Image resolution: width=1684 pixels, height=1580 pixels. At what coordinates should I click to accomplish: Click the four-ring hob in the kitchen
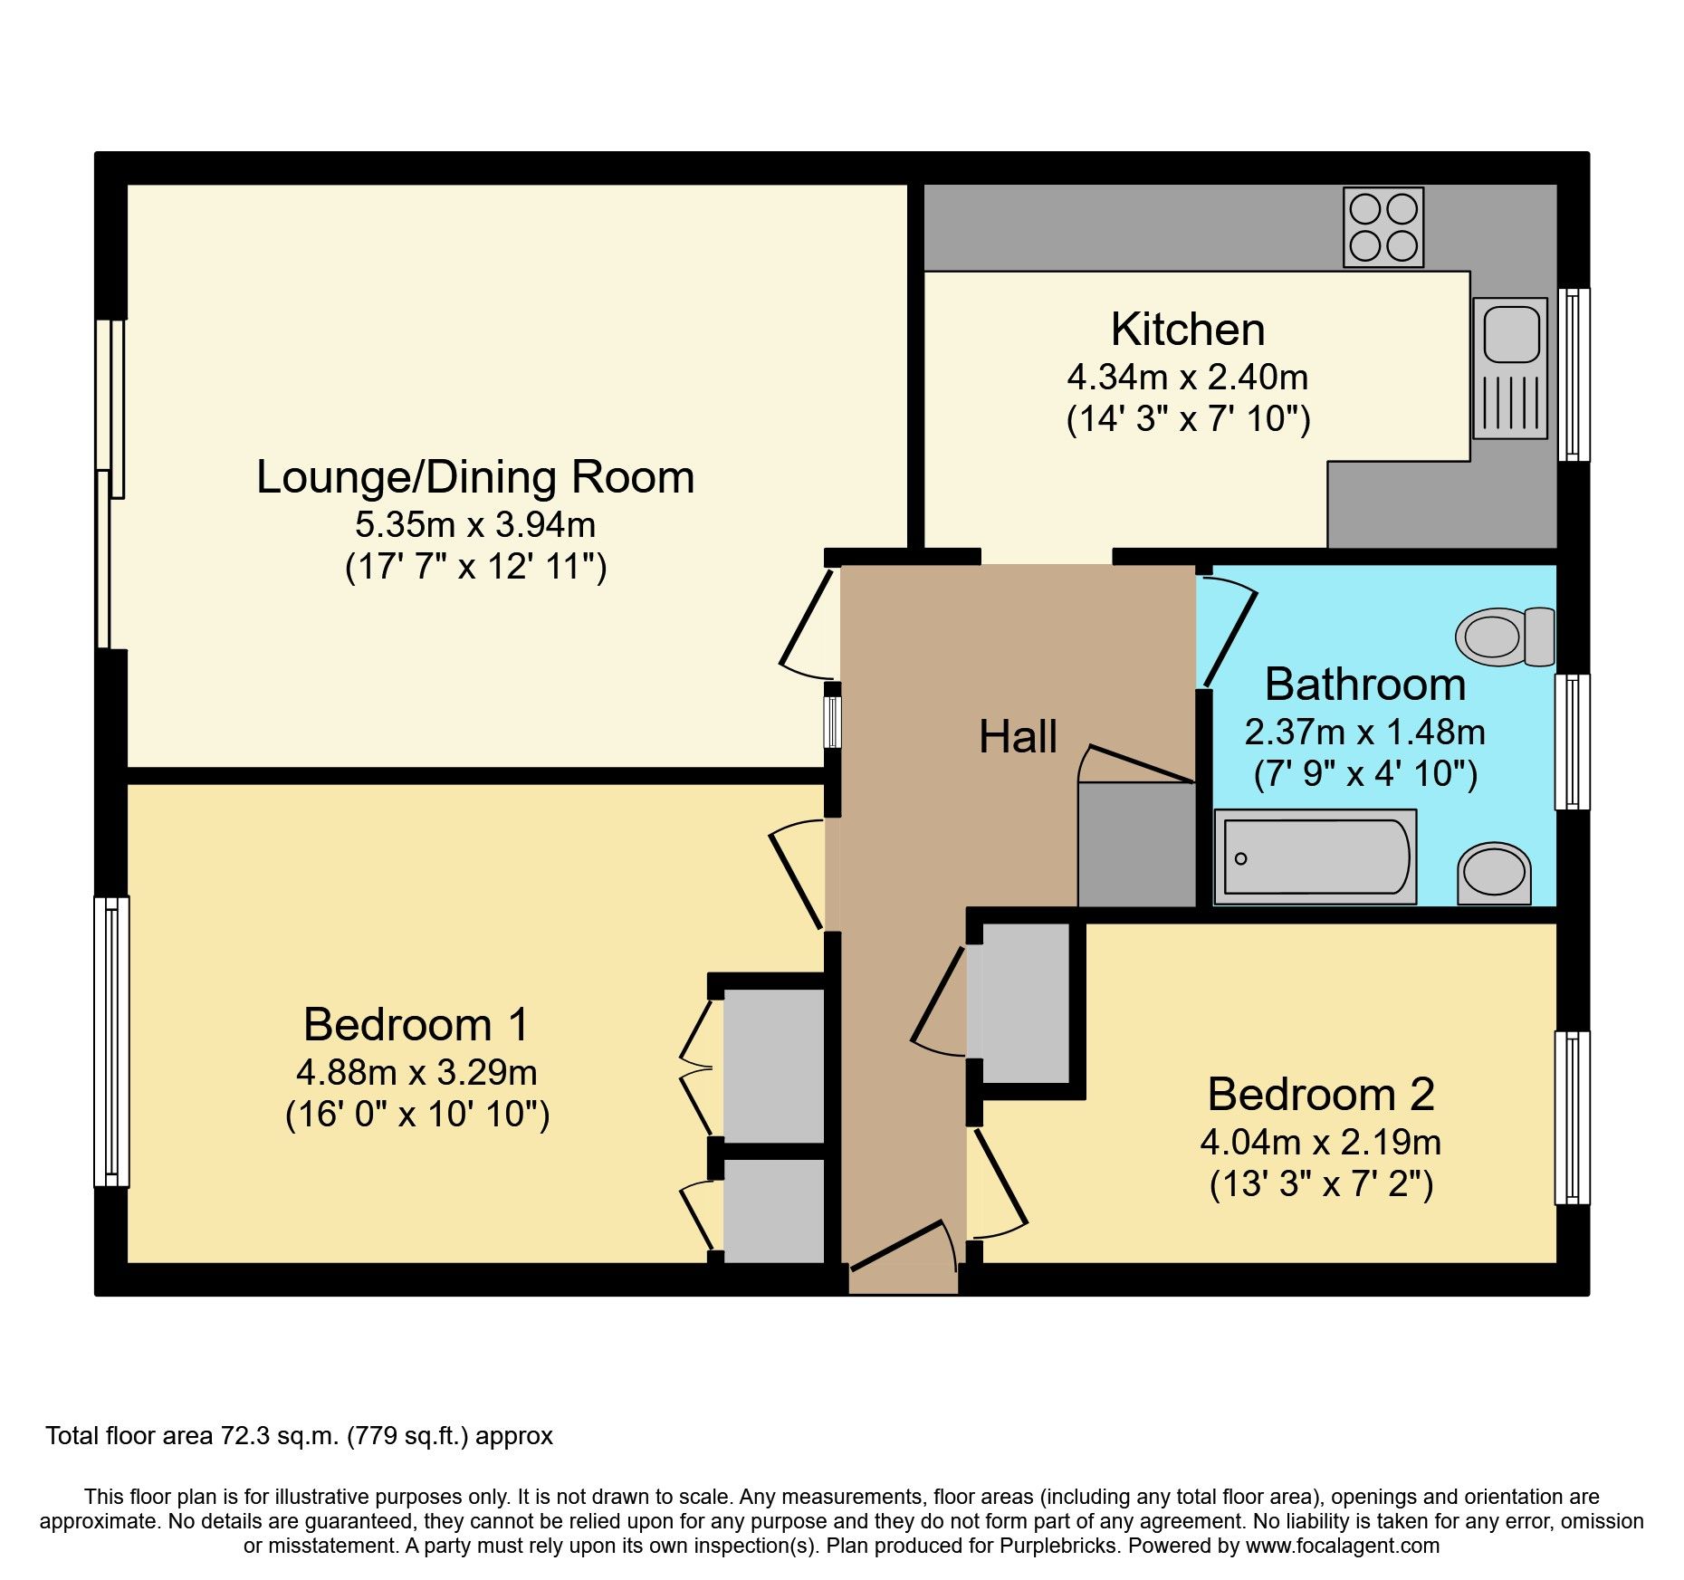click(1383, 227)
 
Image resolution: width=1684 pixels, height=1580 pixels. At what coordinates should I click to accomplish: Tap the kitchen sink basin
click(1511, 333)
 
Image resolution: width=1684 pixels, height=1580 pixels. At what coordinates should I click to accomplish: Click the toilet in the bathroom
click(1505, 637)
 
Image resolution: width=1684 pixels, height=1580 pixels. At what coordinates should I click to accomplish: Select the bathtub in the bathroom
click(1315, 857)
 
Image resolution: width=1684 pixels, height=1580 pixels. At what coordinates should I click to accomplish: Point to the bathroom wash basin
click(1494, 874)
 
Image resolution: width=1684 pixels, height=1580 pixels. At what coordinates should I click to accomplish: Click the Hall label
click(1018, 737)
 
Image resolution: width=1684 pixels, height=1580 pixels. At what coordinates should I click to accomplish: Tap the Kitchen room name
click(1188, 330)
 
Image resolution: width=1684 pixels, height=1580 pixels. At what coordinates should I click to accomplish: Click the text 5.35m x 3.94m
click(475, 524)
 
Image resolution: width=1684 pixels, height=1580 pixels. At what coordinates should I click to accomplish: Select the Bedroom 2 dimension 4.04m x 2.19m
click(1321, 1143)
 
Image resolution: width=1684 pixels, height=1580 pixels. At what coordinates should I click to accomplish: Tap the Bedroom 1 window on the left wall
click(111, 1041)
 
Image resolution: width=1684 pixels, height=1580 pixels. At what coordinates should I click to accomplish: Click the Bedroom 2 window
click(1573, 1117)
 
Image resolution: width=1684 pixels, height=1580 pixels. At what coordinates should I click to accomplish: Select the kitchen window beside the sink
click(1574, 374)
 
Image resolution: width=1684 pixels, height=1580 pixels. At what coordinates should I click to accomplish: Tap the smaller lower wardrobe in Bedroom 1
click(774, 1211)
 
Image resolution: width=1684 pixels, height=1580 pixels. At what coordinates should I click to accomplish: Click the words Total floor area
click(130, 1436)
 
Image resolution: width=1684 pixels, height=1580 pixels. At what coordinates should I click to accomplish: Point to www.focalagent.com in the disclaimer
click(1342, 1546)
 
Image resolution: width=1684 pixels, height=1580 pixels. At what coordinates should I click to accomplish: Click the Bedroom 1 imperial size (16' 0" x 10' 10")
click(417, 1115)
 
